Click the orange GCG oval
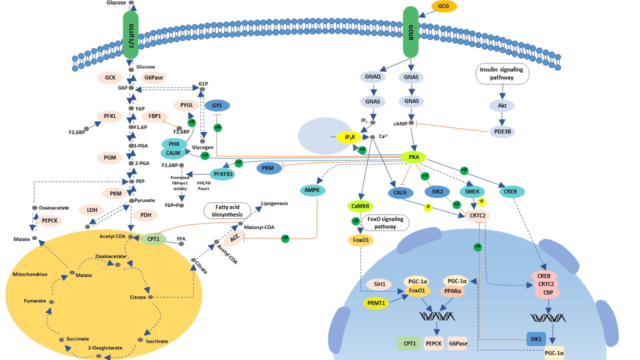(x=443, y=6)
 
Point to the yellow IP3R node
(x=349, y=137)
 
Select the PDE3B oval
(x=501, y=132)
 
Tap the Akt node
(x=502, y=106)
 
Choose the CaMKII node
(x=361, y=206)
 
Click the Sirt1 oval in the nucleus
(x=379, y=284)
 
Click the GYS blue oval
(x=217, y=106)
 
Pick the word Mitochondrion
(x=29, y=274)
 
